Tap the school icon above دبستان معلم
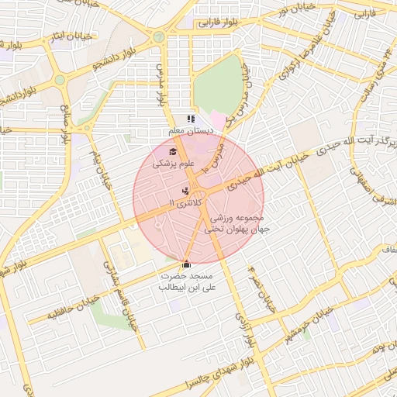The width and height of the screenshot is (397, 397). pos(191,119)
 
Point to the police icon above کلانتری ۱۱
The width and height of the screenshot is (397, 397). pos(185,191)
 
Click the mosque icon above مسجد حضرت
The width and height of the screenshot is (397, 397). pos(185,264)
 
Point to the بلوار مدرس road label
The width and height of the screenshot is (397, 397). pos(162,85)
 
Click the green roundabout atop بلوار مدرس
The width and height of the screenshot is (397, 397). pos(159,36)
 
